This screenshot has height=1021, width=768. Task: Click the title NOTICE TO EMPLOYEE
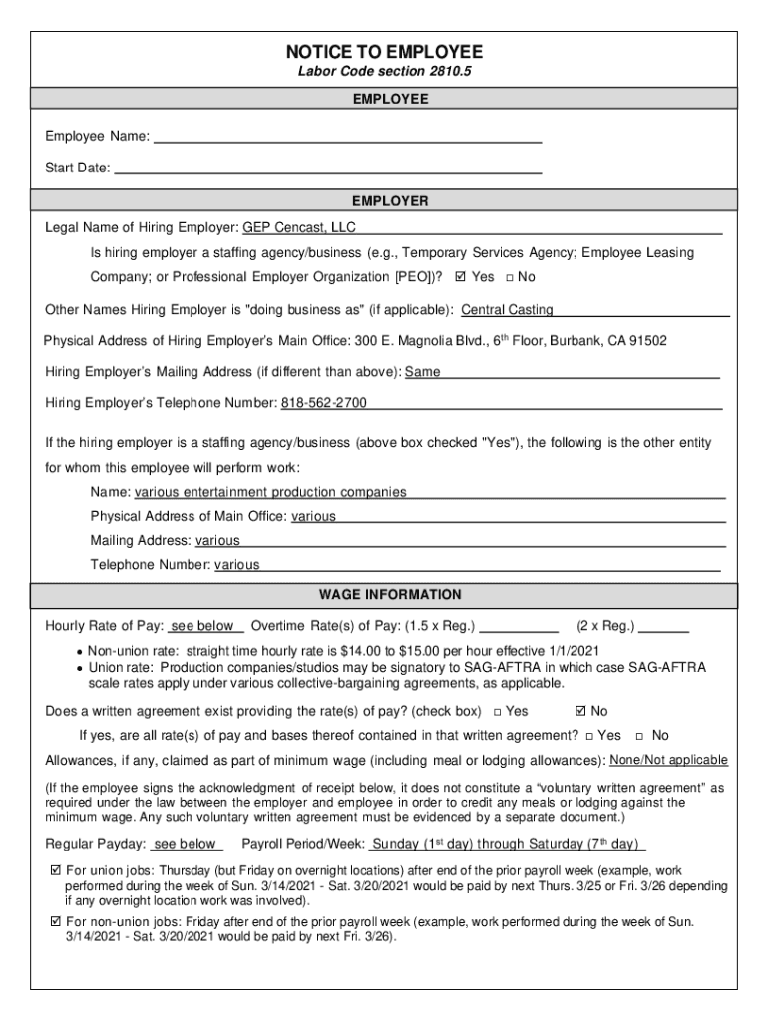click(384, 52)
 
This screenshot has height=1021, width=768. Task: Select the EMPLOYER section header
click(384, 201)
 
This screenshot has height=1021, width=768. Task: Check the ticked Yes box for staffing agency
click(460, 277)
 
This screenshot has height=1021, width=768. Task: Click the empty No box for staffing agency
click(510, 277)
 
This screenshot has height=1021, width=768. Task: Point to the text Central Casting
click(507, 310)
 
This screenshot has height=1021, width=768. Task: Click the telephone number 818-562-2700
click(323, 403)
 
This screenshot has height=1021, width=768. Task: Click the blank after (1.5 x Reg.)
click(520, 627)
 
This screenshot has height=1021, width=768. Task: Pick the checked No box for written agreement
click(581, 711)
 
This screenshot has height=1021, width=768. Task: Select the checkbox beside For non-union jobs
click(56, 922)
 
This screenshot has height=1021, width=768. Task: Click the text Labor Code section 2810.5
click(384, 74)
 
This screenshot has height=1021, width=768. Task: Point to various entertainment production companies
click(270, 492)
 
